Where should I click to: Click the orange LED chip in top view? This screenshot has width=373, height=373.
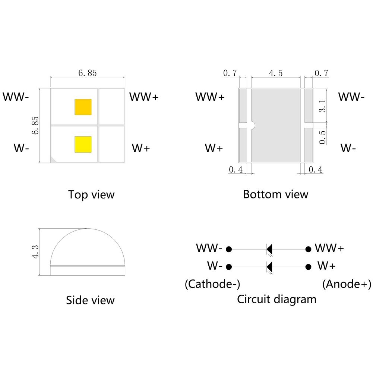click(x=83, y=107)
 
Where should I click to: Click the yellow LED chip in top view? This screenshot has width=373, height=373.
click(x=83, y=144)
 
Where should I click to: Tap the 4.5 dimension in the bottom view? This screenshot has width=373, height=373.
click(x=275, y=73)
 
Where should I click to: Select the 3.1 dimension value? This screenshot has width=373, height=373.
click(x=323, y=106)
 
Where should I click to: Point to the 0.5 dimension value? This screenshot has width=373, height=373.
click(x=323, y=137)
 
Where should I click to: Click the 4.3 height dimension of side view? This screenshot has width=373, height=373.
click(x=36, y=252)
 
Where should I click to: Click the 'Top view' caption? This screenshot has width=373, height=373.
click(x=91, y=195)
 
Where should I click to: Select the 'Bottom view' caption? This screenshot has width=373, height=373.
click(x=276, y=194)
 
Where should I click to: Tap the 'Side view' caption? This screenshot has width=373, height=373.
click(x=90, y=300)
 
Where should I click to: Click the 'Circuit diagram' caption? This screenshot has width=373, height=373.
click(x=276, y=299)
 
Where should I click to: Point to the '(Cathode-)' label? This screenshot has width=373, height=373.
click(x=212, y=285)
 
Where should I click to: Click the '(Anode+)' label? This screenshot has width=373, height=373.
click(x=347, y=285)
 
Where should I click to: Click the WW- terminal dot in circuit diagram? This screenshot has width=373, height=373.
click(x=229, y=249)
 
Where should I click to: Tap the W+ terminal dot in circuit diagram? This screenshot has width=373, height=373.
click(x=308, y=267)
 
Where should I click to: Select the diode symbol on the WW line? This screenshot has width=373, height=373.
click(x=269, y=249)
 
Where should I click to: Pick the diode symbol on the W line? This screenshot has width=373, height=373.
click(x=269, y=267)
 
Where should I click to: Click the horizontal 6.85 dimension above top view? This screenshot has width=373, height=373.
click(x=88, y=73)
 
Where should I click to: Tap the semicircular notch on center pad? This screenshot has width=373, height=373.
click(x=252, y=125)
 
